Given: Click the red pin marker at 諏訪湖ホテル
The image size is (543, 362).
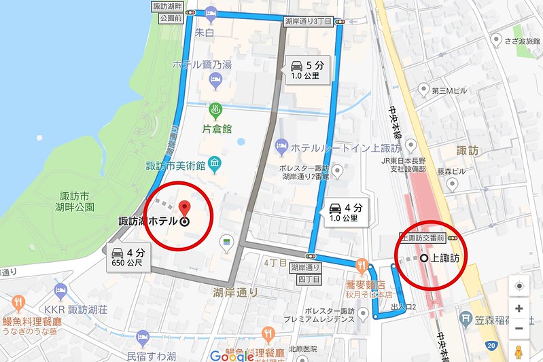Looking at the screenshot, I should (x=183, y=208).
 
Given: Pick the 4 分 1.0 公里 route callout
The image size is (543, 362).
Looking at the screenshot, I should (x=343, y=212).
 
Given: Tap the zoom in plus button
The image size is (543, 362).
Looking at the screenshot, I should (x=519, y=308).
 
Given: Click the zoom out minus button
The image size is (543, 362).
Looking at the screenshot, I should (x=519, y=329).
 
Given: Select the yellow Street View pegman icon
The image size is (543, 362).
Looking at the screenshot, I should (x=519, y=352).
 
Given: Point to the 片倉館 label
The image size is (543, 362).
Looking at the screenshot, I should (x=217, y=128).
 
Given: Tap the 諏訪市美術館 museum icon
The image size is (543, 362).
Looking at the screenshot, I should (x=215, y=163).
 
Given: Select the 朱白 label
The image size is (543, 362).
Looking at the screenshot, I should (x=205, y=33).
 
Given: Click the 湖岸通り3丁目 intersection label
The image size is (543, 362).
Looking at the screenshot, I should (x=309, y=22).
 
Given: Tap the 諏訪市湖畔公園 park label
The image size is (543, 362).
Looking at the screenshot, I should (x=77, y=200).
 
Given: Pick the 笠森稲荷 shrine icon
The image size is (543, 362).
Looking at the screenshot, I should (x=466, y=316).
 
